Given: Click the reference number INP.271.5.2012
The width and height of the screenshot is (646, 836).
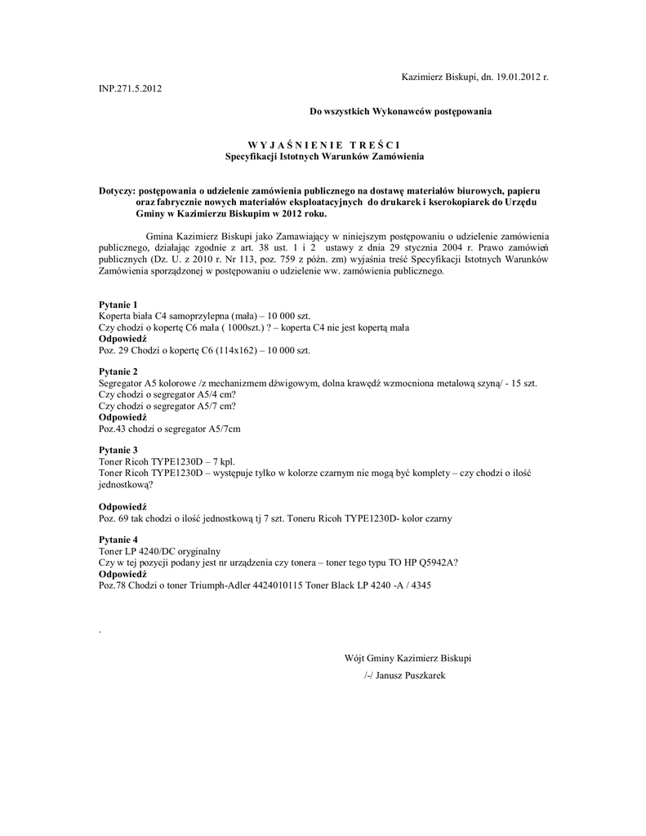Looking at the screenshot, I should tap(130, 88).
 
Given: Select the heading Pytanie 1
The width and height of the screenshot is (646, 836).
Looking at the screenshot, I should tap(118, 305).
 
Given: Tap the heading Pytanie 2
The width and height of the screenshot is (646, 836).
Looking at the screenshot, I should tap(118, 371).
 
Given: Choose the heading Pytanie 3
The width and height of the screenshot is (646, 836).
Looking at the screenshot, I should tap(118, 451).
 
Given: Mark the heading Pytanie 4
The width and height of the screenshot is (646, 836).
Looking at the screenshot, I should tap(118, 540).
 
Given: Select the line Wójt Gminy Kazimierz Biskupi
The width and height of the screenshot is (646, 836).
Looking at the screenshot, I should tap(408, 658).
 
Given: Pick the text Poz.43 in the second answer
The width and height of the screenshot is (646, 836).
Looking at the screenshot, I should tap(114, 429).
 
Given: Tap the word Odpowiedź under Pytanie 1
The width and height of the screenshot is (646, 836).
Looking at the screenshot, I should tap(123, 339).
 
